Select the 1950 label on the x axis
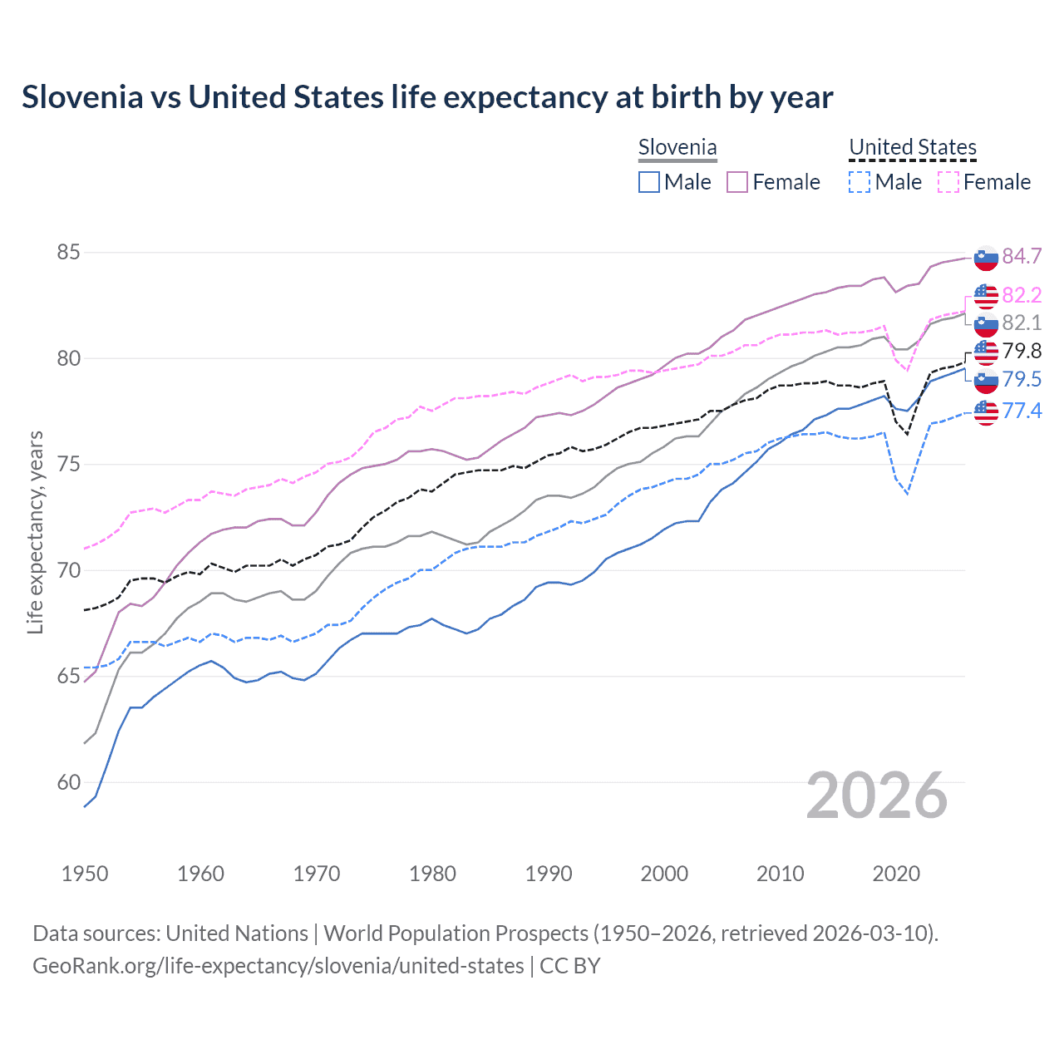[85, 874]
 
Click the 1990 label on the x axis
[549, 874]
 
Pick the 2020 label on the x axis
[896, 874]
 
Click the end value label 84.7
[1022, 256]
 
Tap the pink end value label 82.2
[1022, 295]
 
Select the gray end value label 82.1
[1022, 323]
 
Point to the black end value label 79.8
[1022, 351]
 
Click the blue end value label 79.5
[1022, 379]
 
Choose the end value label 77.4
[1022, 411]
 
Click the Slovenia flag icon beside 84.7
[986, 258]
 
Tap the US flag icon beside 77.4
[986, 411]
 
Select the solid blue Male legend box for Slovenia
[649, 182]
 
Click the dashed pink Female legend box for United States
[948, 182]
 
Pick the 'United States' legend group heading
[912, 147]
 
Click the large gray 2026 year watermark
[877, 796]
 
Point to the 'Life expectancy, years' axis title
[35, 532]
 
